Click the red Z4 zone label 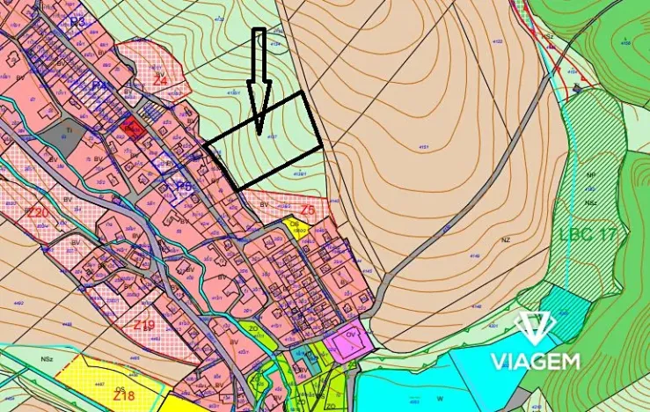pos(160,80)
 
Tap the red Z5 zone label pos(307,210)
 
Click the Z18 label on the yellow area pos(124,396)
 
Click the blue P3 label pos(77,22)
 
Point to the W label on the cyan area pos(441,396)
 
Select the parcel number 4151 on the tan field pos(425,148)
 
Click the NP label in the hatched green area pos(590,175)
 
